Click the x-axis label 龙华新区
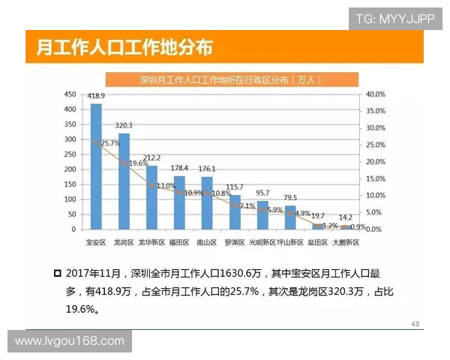(151, 242)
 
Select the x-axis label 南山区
(207, 242)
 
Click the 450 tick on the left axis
(70, 94)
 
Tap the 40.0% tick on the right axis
(374, 94)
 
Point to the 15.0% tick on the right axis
(374, 178)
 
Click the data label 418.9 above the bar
(96, 97)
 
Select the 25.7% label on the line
(109, 143)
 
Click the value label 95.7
(262, 193)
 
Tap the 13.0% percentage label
(165, 185)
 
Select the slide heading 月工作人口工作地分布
(124, 47)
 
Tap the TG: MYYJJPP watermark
(394, 19)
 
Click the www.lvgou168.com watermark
(70, 341)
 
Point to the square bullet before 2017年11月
(57, 274)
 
